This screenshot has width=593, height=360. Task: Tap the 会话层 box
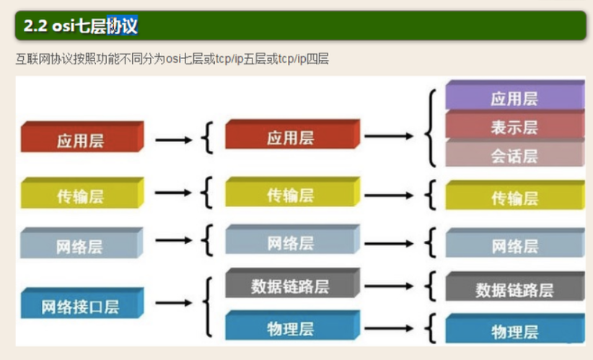pos(514,153)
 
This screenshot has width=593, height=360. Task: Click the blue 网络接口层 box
pos(82,303)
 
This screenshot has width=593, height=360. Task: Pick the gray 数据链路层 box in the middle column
pos(293,283)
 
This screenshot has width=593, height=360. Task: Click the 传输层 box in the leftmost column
pos(82,193)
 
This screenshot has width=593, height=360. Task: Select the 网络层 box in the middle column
pos(293,240)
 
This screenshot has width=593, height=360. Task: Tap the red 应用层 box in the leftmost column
pos(82,137)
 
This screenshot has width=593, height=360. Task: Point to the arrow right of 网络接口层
pos(174,302)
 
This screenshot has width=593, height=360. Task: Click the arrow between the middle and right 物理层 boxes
pos(389,328)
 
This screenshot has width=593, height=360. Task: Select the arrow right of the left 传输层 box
pos(173,193)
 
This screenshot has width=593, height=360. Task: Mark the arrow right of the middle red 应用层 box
pos(389,136)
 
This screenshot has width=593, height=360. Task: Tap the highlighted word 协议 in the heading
pos(122,26)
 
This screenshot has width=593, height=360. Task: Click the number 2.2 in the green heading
pos(35,26)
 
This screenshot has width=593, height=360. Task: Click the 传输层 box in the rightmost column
pos(514,195)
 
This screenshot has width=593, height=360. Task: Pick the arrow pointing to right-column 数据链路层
pos(389,286)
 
